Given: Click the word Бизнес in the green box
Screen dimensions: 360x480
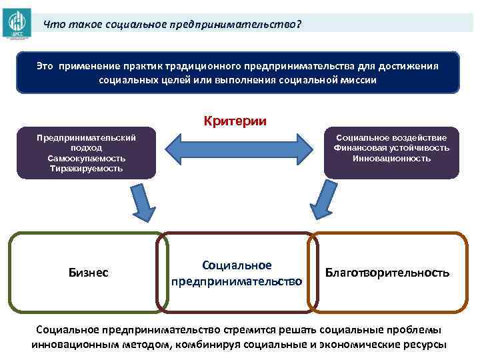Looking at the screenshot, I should coord(89,273).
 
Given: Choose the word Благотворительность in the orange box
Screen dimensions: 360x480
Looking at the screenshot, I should coord(387,273).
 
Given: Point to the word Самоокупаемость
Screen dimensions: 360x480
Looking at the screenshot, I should coord(87,159).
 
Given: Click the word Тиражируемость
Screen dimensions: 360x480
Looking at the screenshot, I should coord(87,169).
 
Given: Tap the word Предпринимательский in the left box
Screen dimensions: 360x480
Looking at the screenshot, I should coord(87,138).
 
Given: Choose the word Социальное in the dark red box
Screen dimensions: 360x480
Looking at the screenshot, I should coord(237,265).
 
